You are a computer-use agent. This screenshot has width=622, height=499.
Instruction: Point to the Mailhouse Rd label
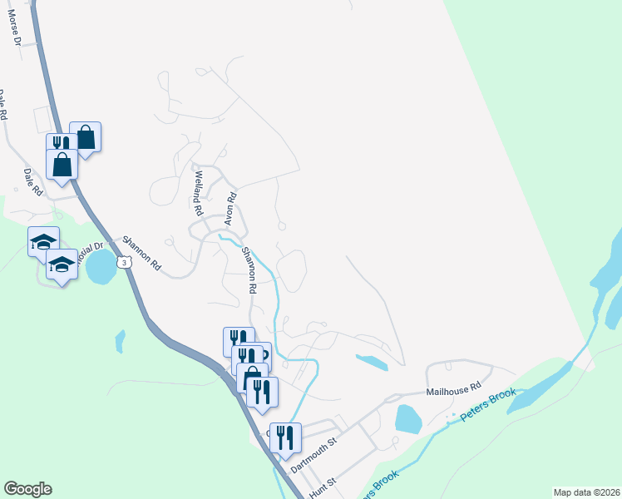pyautogui.click(x=454, y=388)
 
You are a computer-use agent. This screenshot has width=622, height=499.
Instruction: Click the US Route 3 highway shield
pyautogui.click(x=123, y=262)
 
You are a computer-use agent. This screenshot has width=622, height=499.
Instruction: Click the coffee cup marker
pyautogui.click(x=261, y=354)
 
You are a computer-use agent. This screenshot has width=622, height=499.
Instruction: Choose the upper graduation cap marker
pyautogui.click(x=43, y=241)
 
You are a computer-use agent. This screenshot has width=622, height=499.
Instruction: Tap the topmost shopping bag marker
pyautogui.click(x=86, y=136)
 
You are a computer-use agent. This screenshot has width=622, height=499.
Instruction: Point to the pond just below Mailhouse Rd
pyautogui.click(x=407, y=419)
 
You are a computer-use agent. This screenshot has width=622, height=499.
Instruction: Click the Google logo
pyautogui.click(x=27, y=489)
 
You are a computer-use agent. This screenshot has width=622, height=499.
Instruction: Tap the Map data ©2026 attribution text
pyautogui.click(x=585, y=492)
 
